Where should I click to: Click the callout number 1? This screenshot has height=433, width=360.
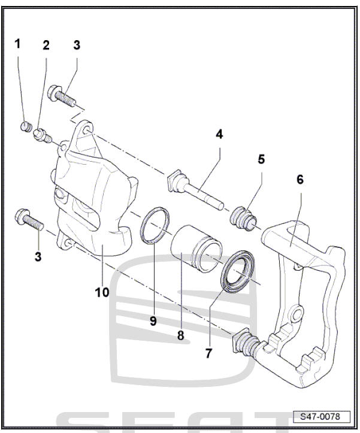(18, 44)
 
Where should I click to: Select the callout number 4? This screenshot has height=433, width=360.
(220, 134)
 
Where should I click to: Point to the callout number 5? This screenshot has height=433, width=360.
(261, 159)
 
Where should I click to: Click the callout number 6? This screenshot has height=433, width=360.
(300, 179)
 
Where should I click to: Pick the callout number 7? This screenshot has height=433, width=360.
(208, 353)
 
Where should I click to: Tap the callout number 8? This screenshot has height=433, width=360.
(180, 335)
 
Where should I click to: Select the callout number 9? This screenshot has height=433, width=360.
(153, 321)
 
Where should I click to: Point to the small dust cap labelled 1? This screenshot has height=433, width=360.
(25, 126)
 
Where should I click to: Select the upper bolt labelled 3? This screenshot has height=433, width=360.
(61, 95)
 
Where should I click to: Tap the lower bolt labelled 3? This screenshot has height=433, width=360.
(29, 219)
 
